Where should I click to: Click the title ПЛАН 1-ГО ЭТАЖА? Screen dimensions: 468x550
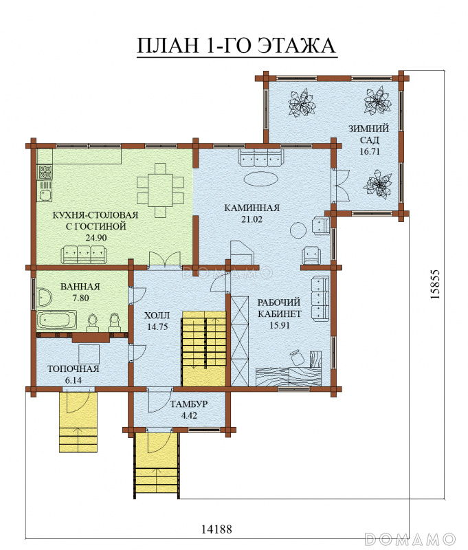(236, 45)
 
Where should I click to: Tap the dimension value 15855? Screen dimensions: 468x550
(435, 285)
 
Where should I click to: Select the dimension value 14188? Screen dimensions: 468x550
(216, 529)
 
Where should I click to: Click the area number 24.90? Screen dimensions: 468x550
(96, 238)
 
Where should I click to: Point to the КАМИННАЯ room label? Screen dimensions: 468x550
(252, 208)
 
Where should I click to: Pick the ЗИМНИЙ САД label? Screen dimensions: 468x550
(369, 134)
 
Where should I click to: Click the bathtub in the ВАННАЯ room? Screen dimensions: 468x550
(57, 320)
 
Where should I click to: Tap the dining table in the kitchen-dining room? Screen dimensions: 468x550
(160, 190)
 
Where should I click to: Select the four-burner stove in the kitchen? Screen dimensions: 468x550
(45, 172)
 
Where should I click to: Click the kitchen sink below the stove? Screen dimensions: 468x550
(45, 191)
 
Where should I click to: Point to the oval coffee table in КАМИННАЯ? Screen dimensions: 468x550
(261, 179)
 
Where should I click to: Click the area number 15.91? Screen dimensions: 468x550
(280, 325)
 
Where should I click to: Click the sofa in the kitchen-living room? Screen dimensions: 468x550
(83, 254)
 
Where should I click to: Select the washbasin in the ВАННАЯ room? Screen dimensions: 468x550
(44, 298)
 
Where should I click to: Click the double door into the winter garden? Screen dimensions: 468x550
(340, 186)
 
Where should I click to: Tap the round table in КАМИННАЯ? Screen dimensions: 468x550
(299, 230)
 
